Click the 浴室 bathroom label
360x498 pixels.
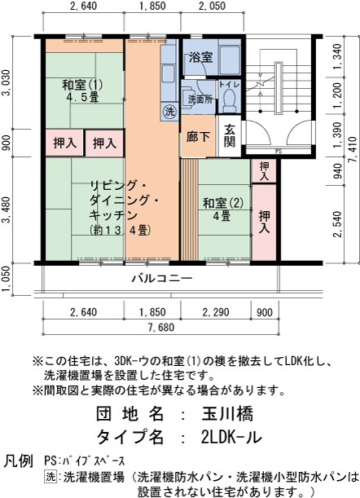(200, 57)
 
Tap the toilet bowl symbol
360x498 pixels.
(229, 98)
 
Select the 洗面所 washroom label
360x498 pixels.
(200, 99)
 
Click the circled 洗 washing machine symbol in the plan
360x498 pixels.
(170, 112)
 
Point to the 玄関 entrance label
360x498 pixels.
(229, 136)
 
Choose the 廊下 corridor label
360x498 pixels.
(198, 137)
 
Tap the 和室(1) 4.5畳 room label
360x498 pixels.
(82, 90)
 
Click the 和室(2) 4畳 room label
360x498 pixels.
(223, 209)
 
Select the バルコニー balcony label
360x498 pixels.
(162, 279)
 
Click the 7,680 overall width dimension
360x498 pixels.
(161, 327)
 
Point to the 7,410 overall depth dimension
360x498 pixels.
(353, 150)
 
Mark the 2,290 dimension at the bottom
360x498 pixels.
(216, 312)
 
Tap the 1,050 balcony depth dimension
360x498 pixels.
(7, 280)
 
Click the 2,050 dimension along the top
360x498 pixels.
(212, 6)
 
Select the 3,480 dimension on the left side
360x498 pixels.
(7, 210)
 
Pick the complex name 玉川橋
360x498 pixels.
(227, 414)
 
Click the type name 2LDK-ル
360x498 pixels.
(231, 437)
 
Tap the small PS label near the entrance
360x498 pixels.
(279, 152)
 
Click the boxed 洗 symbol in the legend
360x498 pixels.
(50, 477)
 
